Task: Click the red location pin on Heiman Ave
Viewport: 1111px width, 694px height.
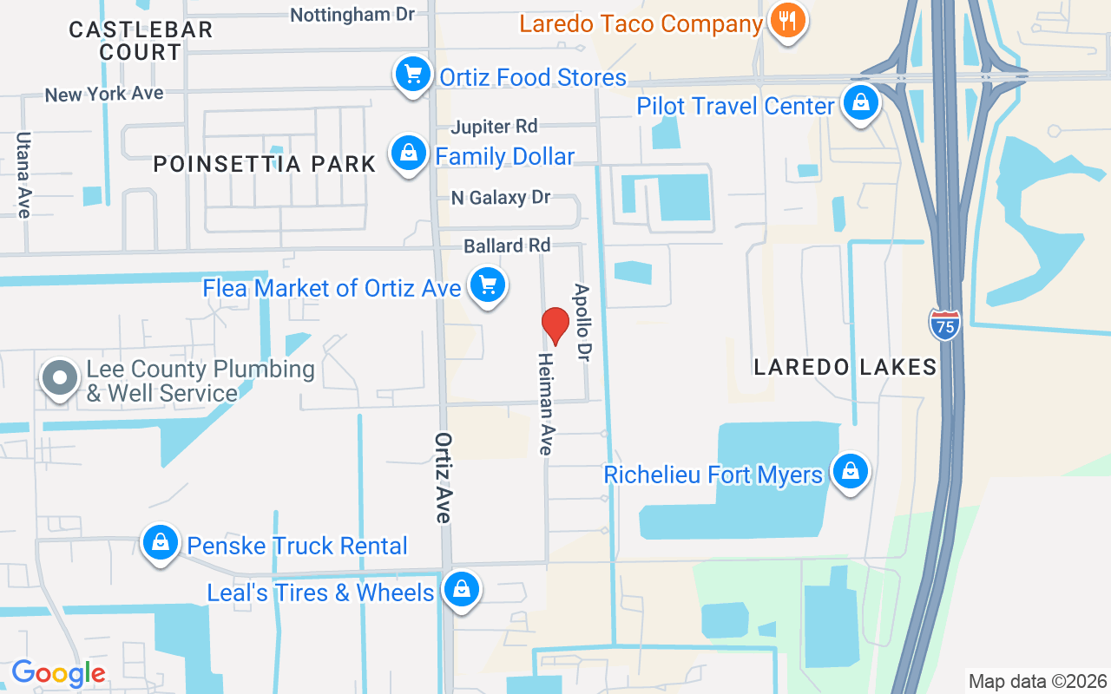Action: click(x=555, y=324)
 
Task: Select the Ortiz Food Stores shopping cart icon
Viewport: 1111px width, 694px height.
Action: click(x=414, y=75)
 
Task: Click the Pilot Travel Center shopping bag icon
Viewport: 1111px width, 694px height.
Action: click(x=860, y=103)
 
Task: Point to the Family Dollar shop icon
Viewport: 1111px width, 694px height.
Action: click(x=408, y=154)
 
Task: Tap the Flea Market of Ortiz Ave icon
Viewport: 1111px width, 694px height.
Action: click(x=488, y=285)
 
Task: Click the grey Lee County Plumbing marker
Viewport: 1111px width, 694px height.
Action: click(x=60, y=379)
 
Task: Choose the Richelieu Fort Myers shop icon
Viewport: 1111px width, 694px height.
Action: click(x=850, y=472)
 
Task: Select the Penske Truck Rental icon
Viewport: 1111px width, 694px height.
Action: click(x=160, y=543)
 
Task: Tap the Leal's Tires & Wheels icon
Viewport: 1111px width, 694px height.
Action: click(x=461, y=590)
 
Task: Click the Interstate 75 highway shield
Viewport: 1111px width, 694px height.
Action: click(x=944, y=325)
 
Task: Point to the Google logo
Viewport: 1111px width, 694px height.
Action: click(x=58, y=673)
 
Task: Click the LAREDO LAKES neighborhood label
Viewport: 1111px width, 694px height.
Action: click(x=845, y=367)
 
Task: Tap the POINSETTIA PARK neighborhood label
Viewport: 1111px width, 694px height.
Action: click(x=265, y=163)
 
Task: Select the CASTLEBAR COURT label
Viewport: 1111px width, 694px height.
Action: click(x=141, y=41)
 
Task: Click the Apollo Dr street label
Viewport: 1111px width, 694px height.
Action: click(x=581, y=323)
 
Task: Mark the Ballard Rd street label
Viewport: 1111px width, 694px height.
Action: click(x=508, y=246)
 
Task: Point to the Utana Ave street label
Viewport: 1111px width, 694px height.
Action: click(x=23, y=174)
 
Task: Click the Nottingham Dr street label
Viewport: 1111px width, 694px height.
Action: click(x=352, y=14)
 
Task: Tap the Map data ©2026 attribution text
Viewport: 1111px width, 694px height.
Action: click(x=1038, y=681)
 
